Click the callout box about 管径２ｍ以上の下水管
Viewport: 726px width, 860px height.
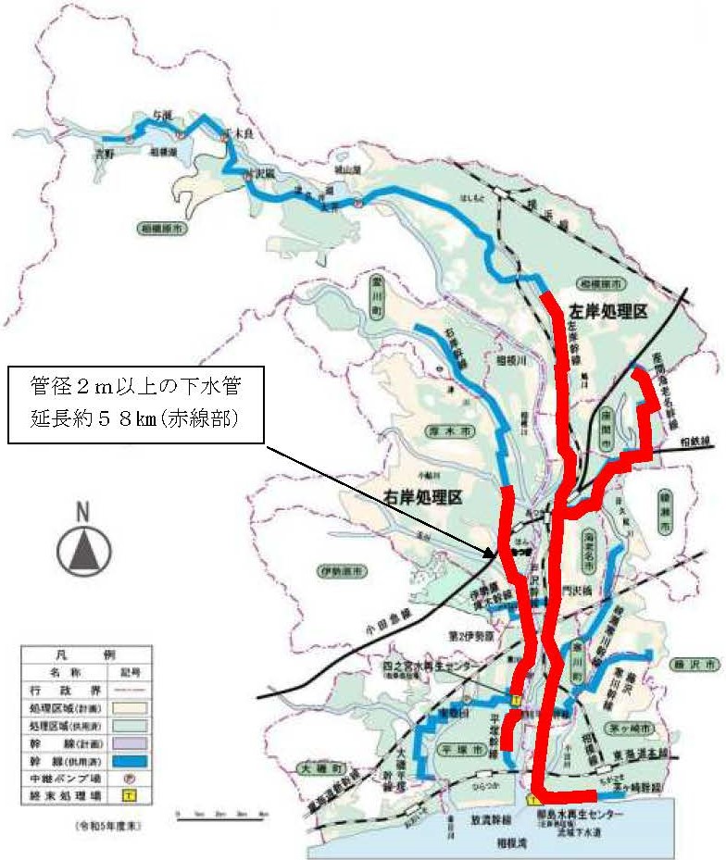[x=135, y=401]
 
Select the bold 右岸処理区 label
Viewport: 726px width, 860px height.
[x=422, y=497]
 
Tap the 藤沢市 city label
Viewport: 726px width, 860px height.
[x=696, y=665]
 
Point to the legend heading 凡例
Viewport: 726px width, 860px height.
[x=83, y=654]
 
